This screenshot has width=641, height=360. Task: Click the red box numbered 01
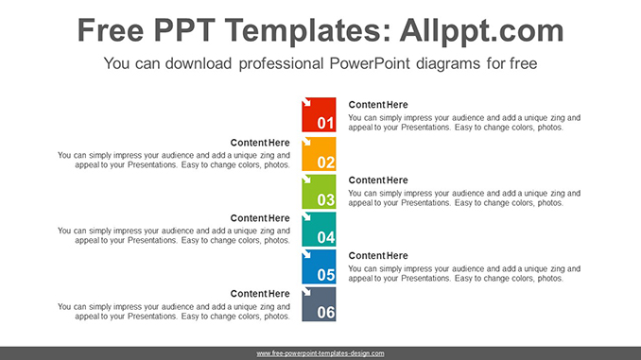tap(319, 114)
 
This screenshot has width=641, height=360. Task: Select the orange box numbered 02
tap(319, 153)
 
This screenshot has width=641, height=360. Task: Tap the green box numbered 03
tap(319, 191)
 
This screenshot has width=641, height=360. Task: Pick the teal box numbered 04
tap(319, 229)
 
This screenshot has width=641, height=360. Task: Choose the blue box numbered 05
tap(319, 266)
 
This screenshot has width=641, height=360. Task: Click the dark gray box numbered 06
tap(319, 304)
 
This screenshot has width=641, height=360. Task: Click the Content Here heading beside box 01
tap(378, 105)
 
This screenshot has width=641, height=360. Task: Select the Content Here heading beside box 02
tap(260, 143)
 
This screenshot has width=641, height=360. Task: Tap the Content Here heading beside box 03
tap(378, 180)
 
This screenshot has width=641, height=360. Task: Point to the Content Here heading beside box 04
tap(260, 218)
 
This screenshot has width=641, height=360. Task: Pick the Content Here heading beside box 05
tap(378, 256)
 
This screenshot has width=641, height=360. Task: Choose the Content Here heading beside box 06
tap(260, 294)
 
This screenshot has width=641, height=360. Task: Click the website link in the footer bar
tap(320, 353)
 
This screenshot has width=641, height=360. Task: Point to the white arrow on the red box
tap(307, 102)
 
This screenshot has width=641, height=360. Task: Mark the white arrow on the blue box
tap(307, 254)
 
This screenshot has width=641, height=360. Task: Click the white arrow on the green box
tap(307, 179)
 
